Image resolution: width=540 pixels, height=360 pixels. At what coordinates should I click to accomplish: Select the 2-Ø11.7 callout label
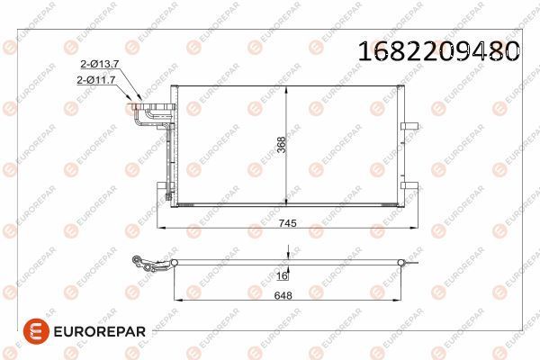pos(98,81)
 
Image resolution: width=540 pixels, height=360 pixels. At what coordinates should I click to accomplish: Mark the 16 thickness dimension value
pos(281,277)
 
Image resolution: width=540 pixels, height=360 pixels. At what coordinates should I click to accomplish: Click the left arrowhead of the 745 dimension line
pos(161,229)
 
